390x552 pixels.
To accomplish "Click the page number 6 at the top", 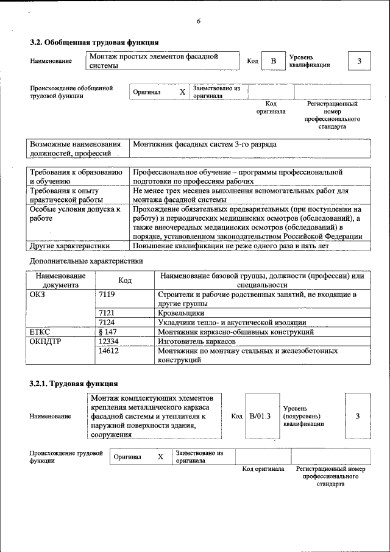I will pos(198,21).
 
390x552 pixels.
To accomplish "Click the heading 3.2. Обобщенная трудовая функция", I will pos(94,43).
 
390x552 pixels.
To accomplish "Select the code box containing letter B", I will pos(274,61).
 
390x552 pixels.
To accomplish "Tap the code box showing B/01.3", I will pos(260,416).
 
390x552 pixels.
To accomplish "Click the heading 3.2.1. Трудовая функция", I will pos(74,384).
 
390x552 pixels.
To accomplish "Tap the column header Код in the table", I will pos(125,280).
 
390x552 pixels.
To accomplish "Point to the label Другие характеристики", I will pos(70,246).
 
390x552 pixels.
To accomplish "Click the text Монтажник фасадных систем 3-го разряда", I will pos(205,145).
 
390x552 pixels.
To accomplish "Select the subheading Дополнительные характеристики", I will pos(87,261).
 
